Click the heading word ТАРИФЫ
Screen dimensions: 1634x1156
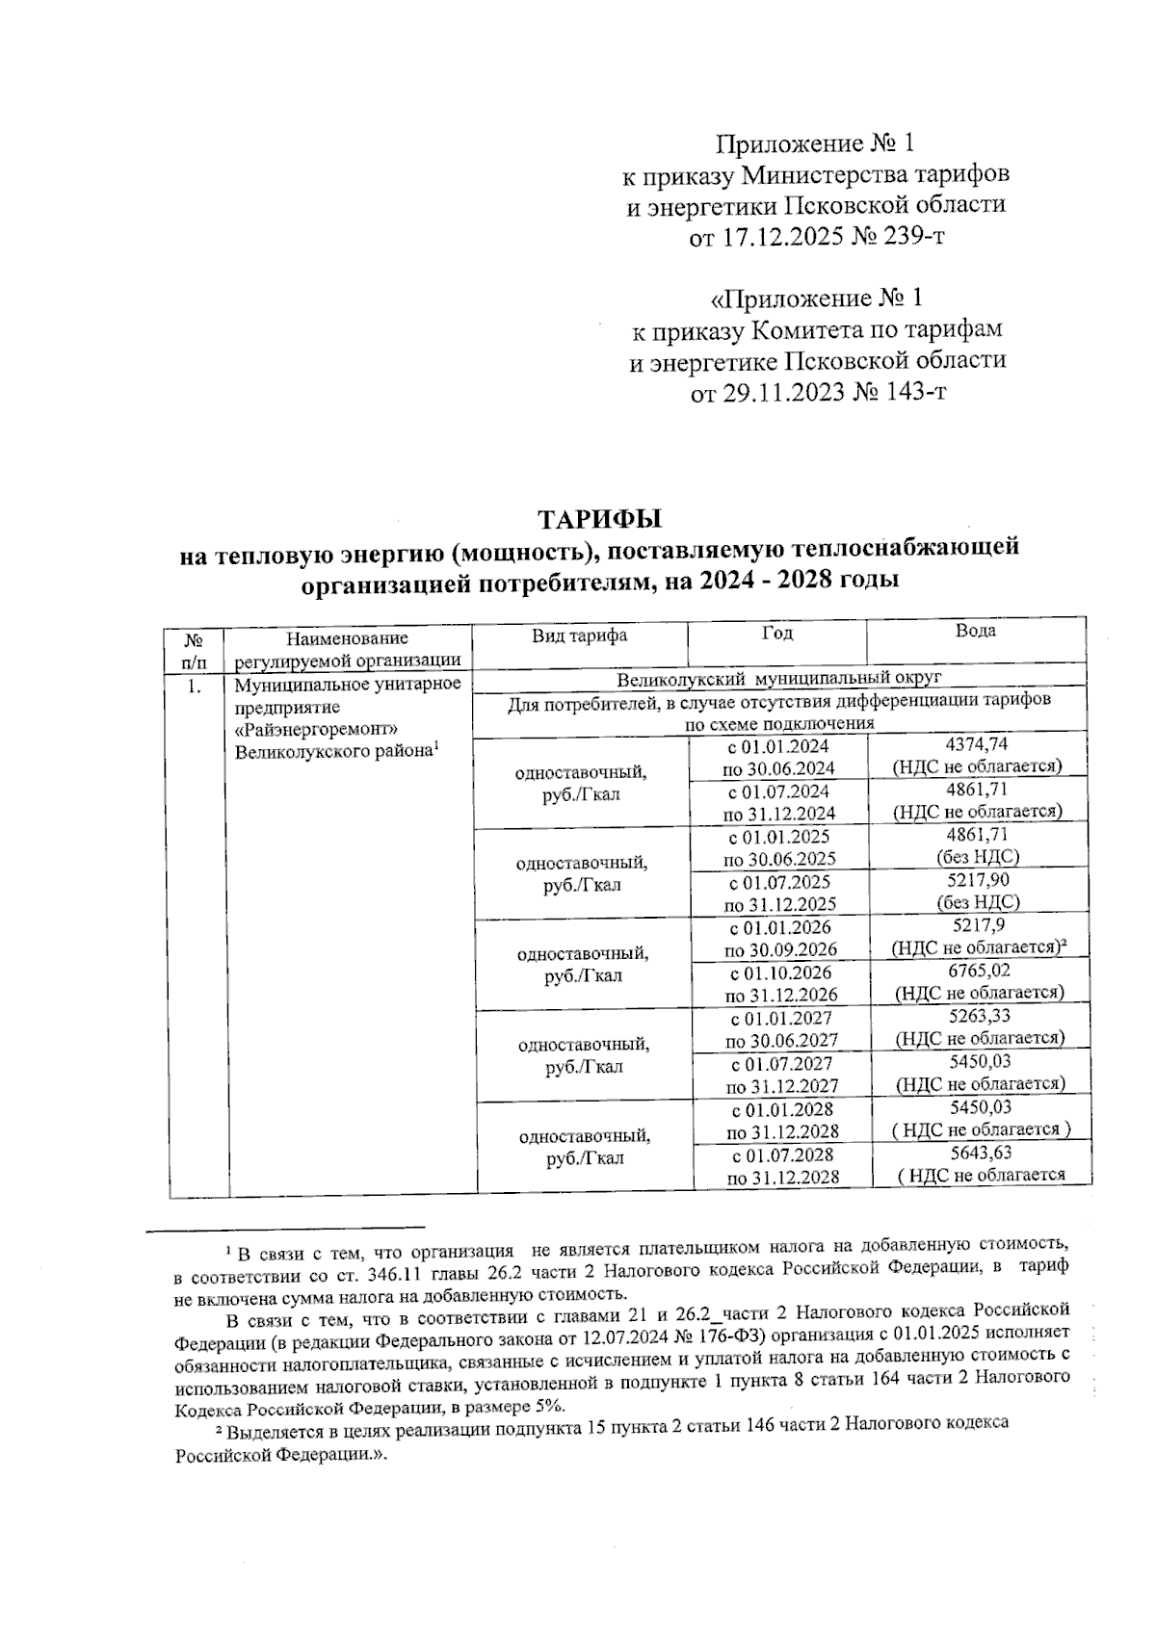(x=599, y=519)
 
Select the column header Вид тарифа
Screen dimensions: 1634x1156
(x=578, y=635)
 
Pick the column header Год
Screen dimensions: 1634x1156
(x=777, y=633)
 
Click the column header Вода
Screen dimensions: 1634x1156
(x=975, y=631)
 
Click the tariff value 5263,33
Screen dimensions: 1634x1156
(x=979, y=1016)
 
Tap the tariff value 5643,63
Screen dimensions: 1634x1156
(x=980, y=1153)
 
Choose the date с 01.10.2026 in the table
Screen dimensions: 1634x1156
(x=780, y=973)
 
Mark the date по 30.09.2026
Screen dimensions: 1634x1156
(x=780, y=949)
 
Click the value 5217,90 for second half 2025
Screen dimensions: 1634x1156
(x=978, y=880)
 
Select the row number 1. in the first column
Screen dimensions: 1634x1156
(x=195, y=686)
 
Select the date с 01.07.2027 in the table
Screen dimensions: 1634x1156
(x=781, y=1063)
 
